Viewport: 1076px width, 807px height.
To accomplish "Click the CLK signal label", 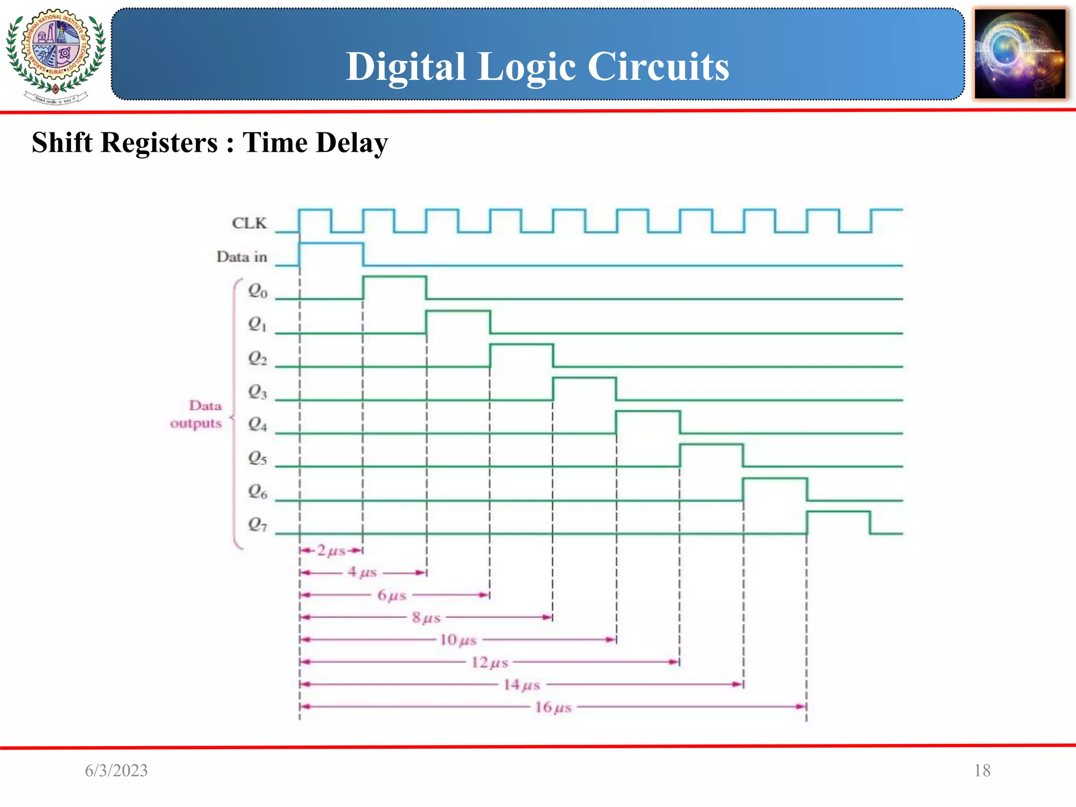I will [x=249, y=223].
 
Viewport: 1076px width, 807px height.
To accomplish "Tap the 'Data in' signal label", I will [x=242, y=257].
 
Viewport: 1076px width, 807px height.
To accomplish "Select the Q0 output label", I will [x=257, y=291].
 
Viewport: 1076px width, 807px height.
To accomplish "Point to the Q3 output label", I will [x=257, y=391].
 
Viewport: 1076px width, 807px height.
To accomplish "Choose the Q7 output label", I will [x=257, y=524].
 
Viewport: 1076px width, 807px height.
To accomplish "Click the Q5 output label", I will [x=257, y=458].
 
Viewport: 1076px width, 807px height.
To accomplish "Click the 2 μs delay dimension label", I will [x=331, y=551].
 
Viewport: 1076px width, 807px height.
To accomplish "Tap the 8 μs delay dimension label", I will [x=426, y=617].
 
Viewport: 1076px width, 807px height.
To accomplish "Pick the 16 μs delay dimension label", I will [x=553, y=707].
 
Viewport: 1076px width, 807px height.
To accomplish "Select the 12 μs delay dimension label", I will [x=489, y=662].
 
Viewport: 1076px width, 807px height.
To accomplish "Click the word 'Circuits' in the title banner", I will [x=658, y=67].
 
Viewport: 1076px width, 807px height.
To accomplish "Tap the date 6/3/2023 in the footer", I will [x=116, y=770].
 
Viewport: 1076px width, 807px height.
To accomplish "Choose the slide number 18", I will [x=982, y=770].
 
